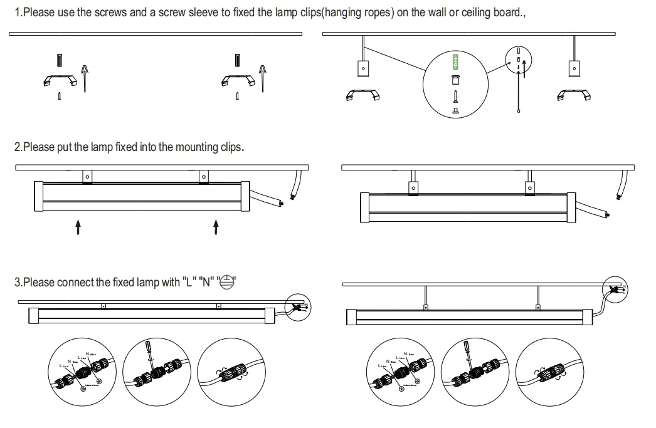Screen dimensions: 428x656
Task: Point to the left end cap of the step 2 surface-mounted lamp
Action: [38, 197]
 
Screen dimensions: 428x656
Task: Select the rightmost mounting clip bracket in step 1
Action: [573, 95]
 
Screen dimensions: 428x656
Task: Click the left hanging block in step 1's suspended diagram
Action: [362, 67]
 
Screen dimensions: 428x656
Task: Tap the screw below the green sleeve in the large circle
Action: [456, 96]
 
